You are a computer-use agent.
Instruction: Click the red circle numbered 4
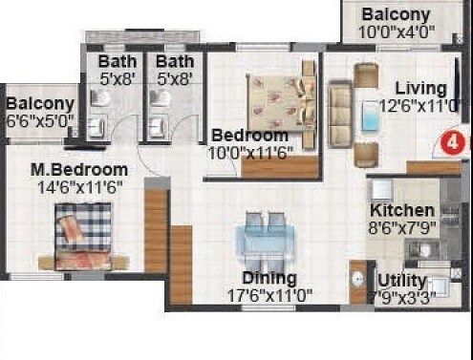452,144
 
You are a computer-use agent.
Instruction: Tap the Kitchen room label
402,209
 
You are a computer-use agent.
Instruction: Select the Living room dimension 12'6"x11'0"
419,106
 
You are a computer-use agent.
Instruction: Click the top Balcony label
396,15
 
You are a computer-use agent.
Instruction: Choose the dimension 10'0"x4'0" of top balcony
396,32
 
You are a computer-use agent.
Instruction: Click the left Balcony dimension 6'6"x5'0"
40,121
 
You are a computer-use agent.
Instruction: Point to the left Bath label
117,63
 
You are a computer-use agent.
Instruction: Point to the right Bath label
174,63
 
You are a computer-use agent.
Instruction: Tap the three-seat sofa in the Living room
339,113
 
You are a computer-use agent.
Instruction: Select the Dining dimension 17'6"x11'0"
269,294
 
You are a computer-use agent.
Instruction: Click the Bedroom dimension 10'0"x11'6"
252,151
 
